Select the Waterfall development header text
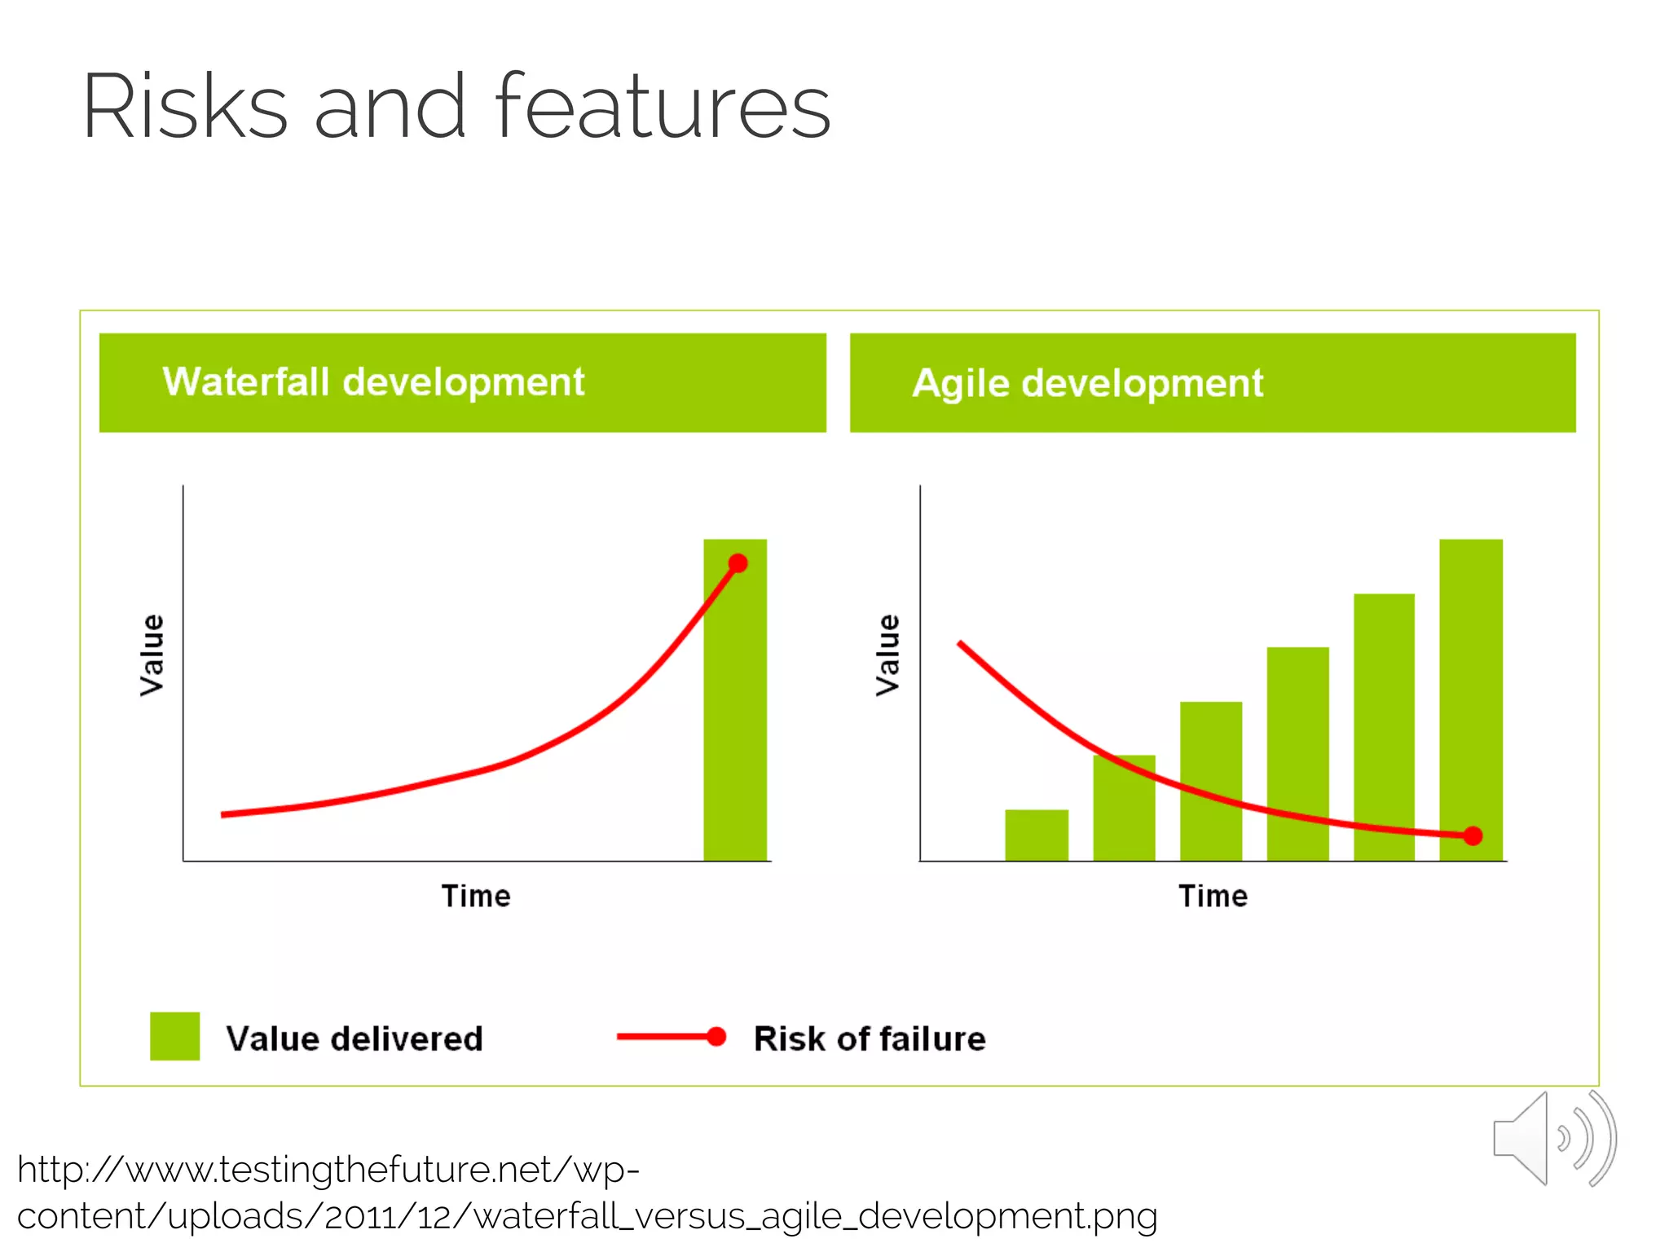click(373, 381)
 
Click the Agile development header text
click(1087, 383)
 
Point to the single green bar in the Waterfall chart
click(735, 717)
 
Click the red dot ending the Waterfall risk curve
click(738, 563)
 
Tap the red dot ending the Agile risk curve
click(1473, 835)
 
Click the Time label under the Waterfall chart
click(476, 896)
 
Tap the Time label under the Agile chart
click(1213, 896)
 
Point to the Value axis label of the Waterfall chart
click(152, 655)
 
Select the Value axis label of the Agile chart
click(888, 655)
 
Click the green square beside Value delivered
click(174, 1036)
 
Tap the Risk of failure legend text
click(870, 1038)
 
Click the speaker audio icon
click(1552, 1139)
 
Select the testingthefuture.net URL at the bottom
click(587, 1192)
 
